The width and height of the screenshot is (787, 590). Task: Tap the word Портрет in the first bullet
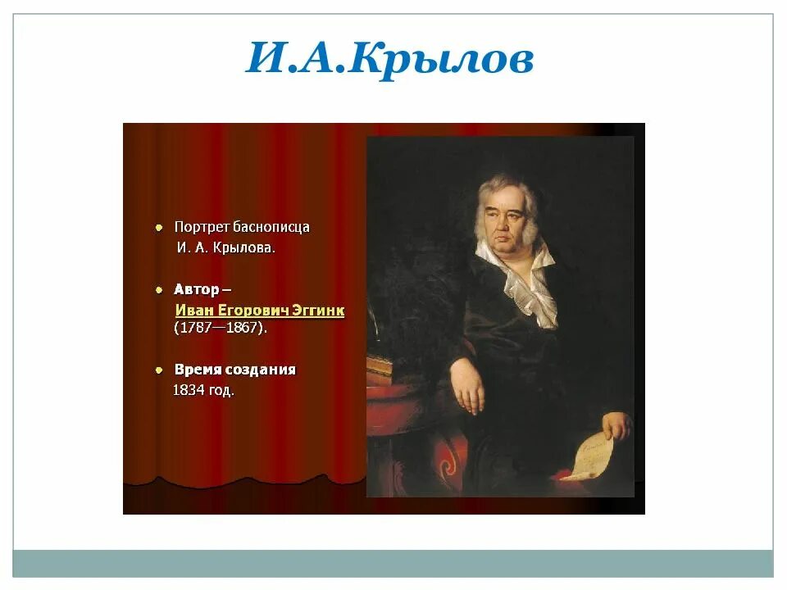point(201,227)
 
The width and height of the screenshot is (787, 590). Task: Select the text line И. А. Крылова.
point(225,247)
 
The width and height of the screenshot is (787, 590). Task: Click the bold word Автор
point(197,289)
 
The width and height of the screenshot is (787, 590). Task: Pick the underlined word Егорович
point(248,311)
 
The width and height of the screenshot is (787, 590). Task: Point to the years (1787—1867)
point(221,328)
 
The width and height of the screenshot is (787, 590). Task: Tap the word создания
point(262,370)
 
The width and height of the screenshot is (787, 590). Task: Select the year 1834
point(188,391)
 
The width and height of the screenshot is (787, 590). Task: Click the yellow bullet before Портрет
point(159,227)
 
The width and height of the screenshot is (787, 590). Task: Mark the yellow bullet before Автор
point(159,290)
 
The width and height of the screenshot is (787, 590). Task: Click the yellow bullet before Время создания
point(159,370)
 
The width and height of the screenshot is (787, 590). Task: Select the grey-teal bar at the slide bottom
point(393,563)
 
